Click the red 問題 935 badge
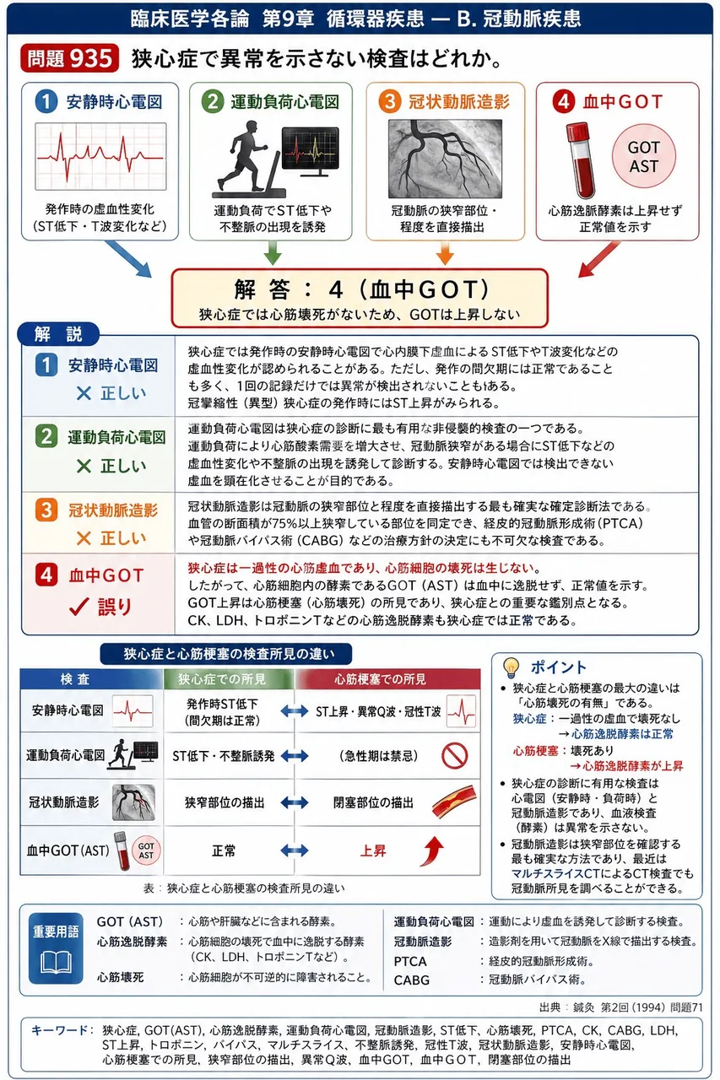pyautogui.click(x=69, y=59)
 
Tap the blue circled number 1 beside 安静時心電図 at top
pyautogui.click(x=46, y=102)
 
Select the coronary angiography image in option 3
pyautogui.click(x=445, y=159)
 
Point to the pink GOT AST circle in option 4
pyautogui.click(x=643, y=156)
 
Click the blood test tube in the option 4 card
pyautogui.click(x=581, y=160)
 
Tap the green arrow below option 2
pyautogui.click(x=273, y=252)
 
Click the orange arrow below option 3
pyautogui.click(x=445, y=252)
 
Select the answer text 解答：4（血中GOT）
pyautogui.click(x=361, y=289)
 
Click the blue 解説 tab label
pyautogui.click(x=58, y=334)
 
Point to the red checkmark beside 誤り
pyautogui.click(x=79, y=607)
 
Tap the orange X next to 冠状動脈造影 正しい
pyautogui.click(x=84, y=538)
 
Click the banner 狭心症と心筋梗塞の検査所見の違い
pyautogui.click(x=225, y=654)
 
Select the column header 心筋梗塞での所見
pyautogui.click(x=381, y=679)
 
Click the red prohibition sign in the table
pyautogui.click(x=454, y=755)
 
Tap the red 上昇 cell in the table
pyautogui.click(x=373, y=850)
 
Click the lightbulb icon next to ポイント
pyautogui.click(x=511, y=667)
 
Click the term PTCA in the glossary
pyautogui.click(x=410, y=961)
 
